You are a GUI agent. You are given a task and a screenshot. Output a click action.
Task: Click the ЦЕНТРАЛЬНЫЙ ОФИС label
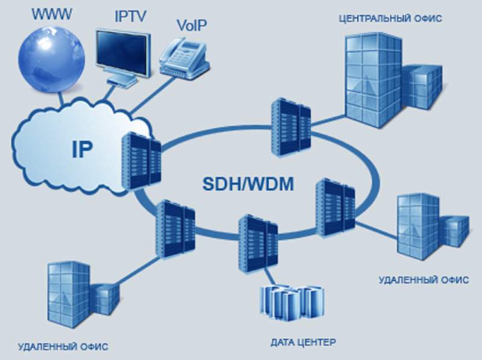click(x=391, y=19)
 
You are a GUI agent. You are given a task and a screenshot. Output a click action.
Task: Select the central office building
click(x=386, y=81)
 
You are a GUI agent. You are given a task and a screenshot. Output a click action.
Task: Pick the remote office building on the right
click(x=425, y=225)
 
